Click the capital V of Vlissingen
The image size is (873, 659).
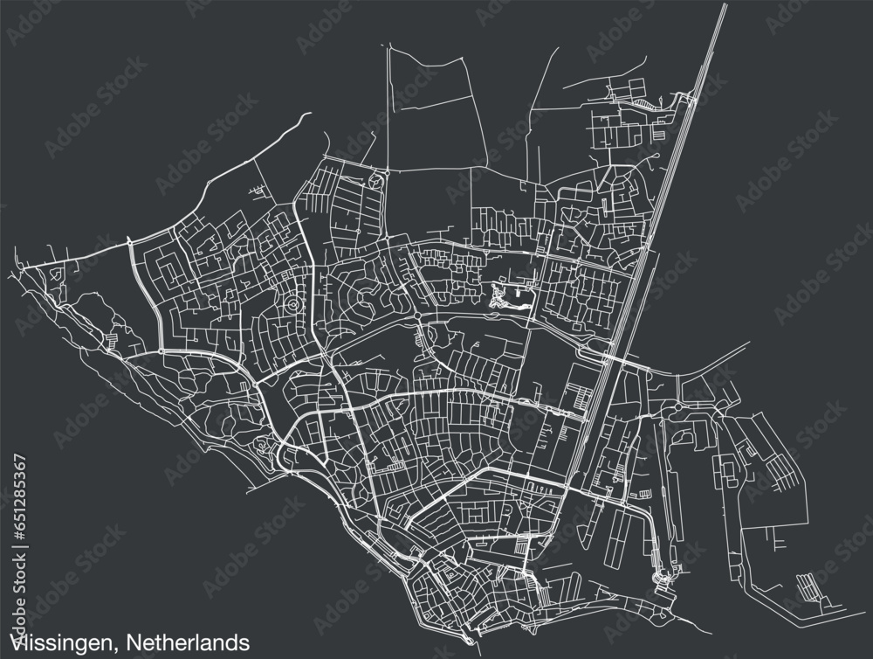[14, 642]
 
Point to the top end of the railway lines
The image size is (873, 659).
[724, 7]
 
